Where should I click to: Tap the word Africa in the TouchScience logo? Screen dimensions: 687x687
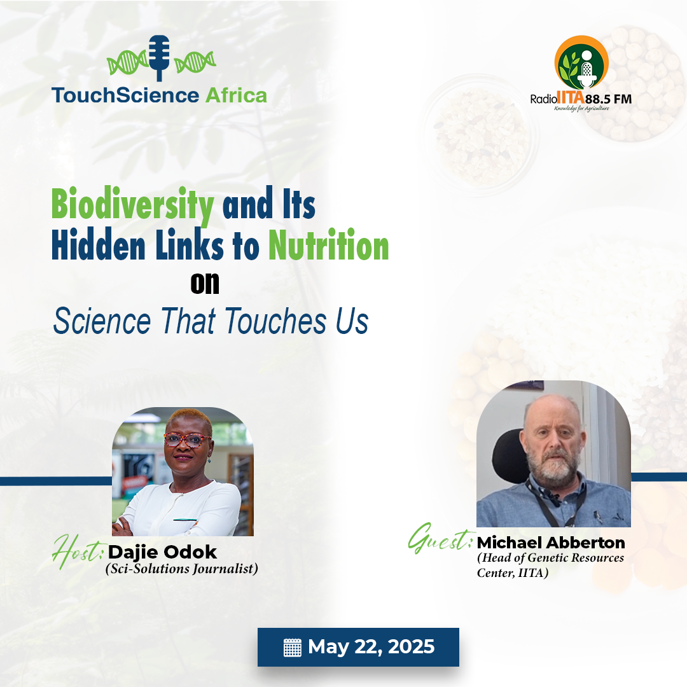click(x=236, y=95)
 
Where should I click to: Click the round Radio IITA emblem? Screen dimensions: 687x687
click(x=581, y=62)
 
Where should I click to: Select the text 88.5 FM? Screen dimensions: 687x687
click(x=609, y=99)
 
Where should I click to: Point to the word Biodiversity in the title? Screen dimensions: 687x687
click(x=133, y=205)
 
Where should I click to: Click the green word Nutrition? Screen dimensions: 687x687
click(x=329, y=245)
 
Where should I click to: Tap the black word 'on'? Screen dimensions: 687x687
click(x=205, y=284)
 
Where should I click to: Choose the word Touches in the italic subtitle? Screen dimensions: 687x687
click(x=276, y=321)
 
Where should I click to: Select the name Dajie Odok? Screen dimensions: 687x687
click(x=163, y=553)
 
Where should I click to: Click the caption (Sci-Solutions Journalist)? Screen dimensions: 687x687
click(x=182, y=569)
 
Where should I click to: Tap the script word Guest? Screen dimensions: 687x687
click(x=441, y=538)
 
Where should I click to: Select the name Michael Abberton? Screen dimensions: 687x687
click(x=551, y=543)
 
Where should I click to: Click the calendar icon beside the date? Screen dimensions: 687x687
click(x=293, y=648)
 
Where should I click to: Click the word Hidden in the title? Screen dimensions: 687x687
click(x=99, y=245)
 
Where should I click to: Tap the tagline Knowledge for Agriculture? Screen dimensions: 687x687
click(x=581, y=109)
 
